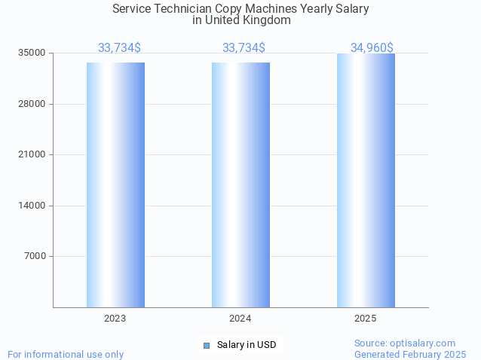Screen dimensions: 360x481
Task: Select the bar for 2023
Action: pyautogui.click(x=115, y=185)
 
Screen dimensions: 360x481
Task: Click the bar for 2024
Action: pyautogui.click(x=240, y=185)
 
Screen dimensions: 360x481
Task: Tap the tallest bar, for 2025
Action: pyautogui.click(x=366, y=180)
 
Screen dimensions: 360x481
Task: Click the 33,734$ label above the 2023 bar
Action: pyautogui.click(x=119, y=48)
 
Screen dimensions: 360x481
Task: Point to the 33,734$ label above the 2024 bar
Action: pyautogui.click(x=244, y=48)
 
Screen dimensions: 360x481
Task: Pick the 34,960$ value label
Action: pyautogui.click(x=372, y=48)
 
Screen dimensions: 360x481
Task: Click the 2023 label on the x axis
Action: pyautogui.click(x=115, y=319)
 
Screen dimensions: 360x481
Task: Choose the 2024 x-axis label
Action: pyautogui.click(x=240, y=319)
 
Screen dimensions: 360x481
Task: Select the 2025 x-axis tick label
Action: pyautogui.click(x=366, y=319)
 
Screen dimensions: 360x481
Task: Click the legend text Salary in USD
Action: pyautogui.click(x=247, y=345)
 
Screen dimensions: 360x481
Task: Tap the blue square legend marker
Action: pyautogui.click(x=206, y=345)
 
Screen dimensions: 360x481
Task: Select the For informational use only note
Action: pyautogui.click(x=66, y=354)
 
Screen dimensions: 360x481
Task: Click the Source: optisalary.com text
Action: pyautogui.click(x=405, y=343)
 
